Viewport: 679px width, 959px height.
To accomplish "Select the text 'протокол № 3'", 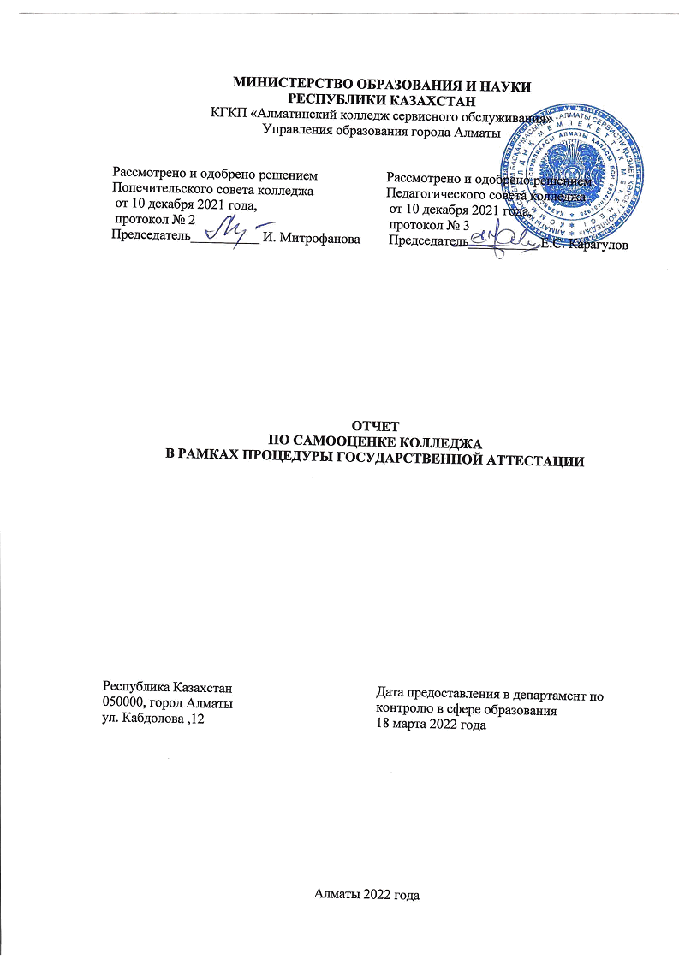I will pyautogui.click(x=429, y=225).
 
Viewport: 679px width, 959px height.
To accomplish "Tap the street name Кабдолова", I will pyautogui.click(x=154, y=719).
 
